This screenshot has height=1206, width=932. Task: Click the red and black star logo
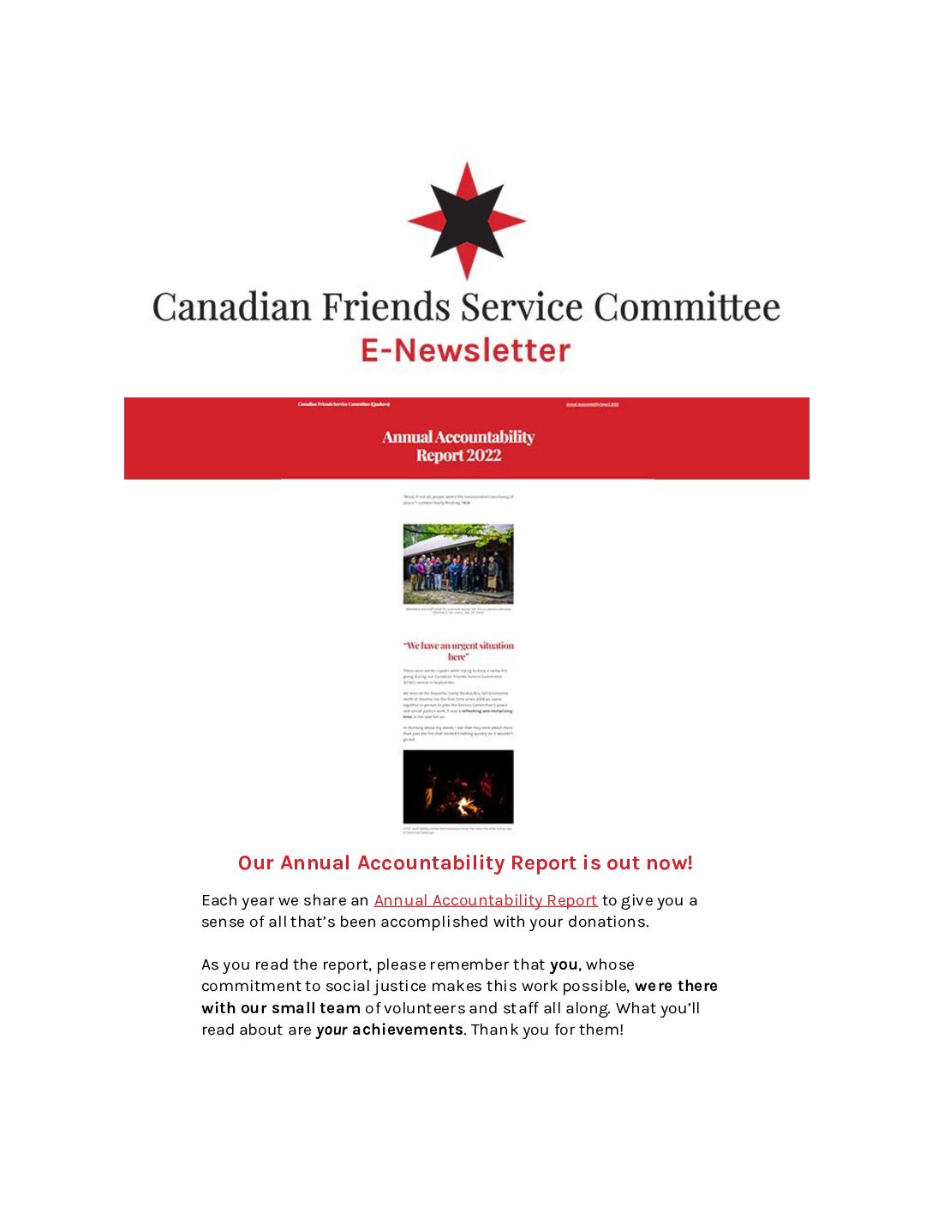click(x=466, y=221)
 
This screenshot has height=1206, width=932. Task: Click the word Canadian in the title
click(x=231, y=307)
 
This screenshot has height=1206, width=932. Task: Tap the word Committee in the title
click(x=687, y=307)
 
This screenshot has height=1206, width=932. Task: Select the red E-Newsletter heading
click(x=465, y=350)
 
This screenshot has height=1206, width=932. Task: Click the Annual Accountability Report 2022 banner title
click(x=458, y=446)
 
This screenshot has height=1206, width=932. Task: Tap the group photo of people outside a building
click(x=458, y=564)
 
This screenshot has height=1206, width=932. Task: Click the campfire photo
click(x=458, y=786)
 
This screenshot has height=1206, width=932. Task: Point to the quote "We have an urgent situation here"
click(x=458, y=651)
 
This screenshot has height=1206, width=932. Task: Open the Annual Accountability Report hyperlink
click(x=485, y=900)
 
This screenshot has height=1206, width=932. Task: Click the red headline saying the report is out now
click(x=465, y=863)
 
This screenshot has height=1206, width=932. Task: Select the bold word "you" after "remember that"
click(x=564, y=964)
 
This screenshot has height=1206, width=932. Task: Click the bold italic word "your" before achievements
click(x=332, y=1030)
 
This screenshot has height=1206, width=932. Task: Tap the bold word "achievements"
click(x=408, y=1030)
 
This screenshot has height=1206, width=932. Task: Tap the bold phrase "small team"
click(x=315, y=1008)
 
